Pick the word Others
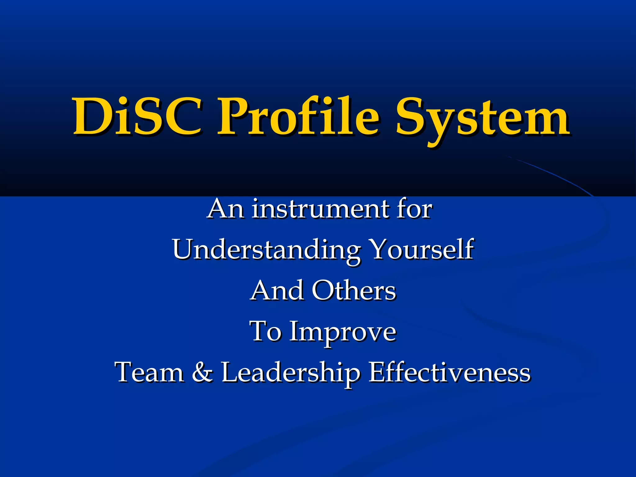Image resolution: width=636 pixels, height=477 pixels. coord(354,291)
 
